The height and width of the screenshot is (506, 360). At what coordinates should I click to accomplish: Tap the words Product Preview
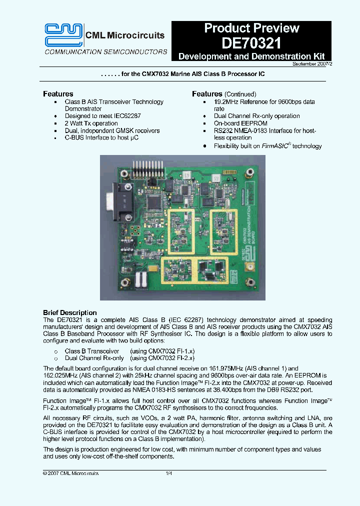tap(251, 28)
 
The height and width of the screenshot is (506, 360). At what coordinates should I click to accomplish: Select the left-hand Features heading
tap(58, 94)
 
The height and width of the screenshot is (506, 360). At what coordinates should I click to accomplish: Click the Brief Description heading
tap(69, 313)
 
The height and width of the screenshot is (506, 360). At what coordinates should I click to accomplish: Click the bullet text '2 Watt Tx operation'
tap(91, 123)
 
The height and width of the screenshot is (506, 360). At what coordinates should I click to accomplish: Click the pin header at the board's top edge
tap(148, 168)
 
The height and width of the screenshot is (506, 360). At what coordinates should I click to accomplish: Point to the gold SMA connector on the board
tap(248, 268)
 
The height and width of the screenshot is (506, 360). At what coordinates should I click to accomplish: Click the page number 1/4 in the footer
tap(168, 473)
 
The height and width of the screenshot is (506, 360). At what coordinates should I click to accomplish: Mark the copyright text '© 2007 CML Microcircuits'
tap(70, 473)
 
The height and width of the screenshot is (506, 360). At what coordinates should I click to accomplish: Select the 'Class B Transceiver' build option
tap(92, 351)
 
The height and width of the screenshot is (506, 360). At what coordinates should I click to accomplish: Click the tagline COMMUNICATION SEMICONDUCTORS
tap(106, 51)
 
